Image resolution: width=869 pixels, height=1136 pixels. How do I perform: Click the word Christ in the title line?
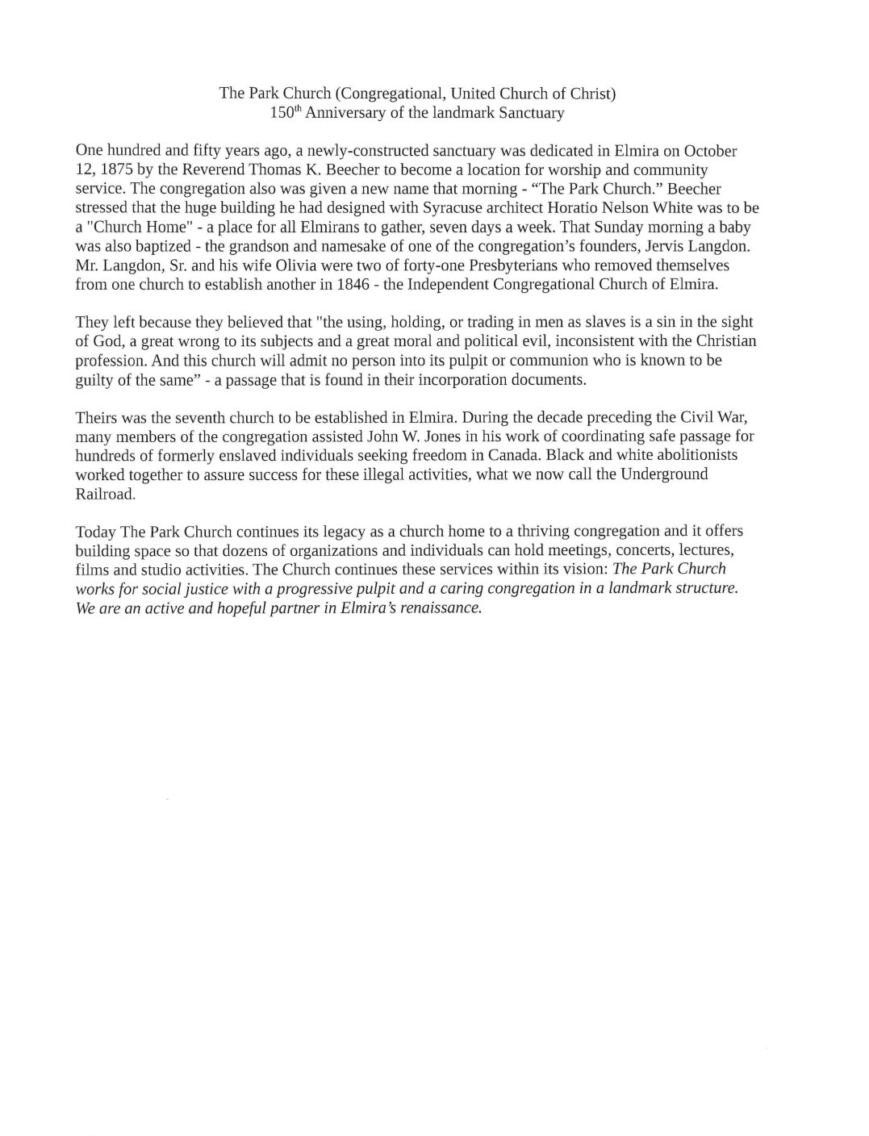pyautogui.click(x=591, y=93)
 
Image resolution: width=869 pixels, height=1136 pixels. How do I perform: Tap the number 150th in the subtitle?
pyautogui.click(x=285, y=113)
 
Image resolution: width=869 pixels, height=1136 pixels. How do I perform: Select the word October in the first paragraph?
pyautogui.click(x=710, y=151)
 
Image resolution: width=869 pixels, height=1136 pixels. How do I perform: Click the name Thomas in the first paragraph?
pyautogui.click(x=295, y=170)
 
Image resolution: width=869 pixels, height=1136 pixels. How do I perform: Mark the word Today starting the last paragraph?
pyautogui.click(x=95, y=532)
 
